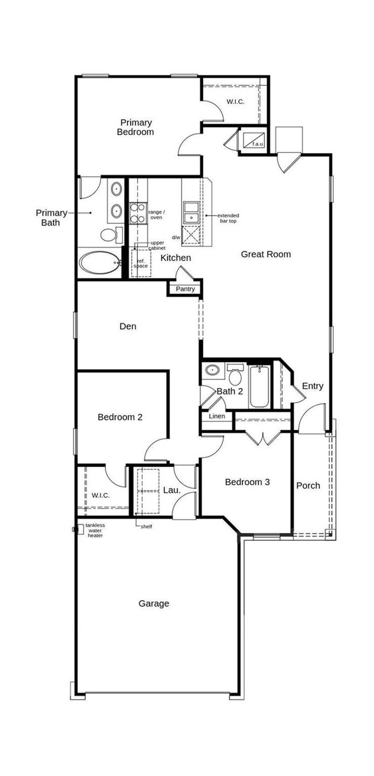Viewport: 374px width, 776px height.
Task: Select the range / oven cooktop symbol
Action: tap(138, 213)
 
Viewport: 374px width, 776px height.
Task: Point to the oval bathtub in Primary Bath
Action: tap(100, 262)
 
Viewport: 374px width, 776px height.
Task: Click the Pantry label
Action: tap(185, 289)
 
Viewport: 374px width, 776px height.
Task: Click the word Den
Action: tap(128, 326)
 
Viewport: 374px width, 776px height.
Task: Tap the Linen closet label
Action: tap(217, 416)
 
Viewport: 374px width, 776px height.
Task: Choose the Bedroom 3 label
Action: tap(247, 482)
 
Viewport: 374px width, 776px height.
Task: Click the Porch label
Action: tap(308, 486)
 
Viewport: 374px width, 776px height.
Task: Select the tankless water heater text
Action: tap(95, 530)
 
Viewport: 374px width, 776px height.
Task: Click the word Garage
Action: tap(154, 603)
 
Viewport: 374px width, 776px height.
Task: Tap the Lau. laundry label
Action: tap(172, 490)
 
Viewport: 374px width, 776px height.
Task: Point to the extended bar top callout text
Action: tap(228, 218)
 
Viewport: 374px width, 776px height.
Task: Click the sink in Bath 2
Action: tap(212, 369)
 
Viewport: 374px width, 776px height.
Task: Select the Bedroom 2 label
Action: tap(120, 417)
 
